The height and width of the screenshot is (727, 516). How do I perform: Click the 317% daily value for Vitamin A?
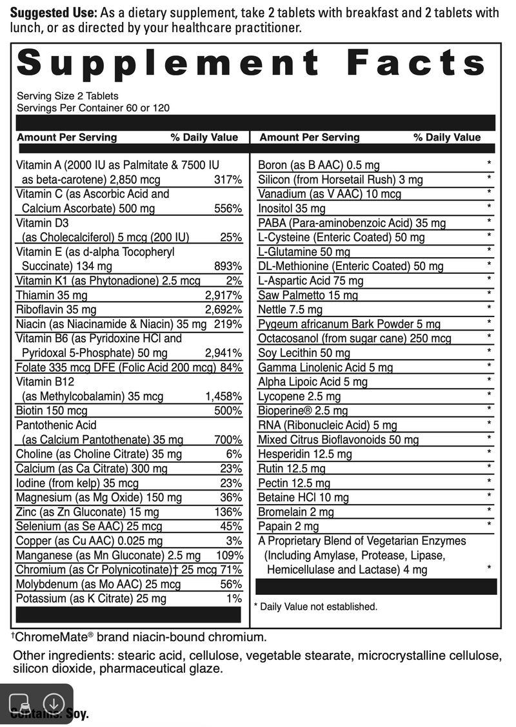(228, 180)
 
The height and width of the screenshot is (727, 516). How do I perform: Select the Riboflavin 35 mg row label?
(56, 310)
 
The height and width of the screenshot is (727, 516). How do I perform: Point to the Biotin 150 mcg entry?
(52, 411)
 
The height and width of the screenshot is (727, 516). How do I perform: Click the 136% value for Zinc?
(229, 512)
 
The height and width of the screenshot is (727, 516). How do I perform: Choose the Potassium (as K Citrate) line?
(91, 599)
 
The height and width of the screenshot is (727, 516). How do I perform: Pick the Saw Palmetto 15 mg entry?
(308, 295)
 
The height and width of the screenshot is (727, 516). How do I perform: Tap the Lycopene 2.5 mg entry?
(299, 396)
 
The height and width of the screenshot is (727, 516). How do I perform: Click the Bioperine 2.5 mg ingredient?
(303, 411)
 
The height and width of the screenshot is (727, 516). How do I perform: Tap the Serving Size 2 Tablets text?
(67, 96)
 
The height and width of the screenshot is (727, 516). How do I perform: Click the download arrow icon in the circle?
(54, 703)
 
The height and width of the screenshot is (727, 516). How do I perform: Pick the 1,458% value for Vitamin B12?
(223, 396)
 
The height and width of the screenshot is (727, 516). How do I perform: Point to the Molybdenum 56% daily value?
(231, 585)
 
